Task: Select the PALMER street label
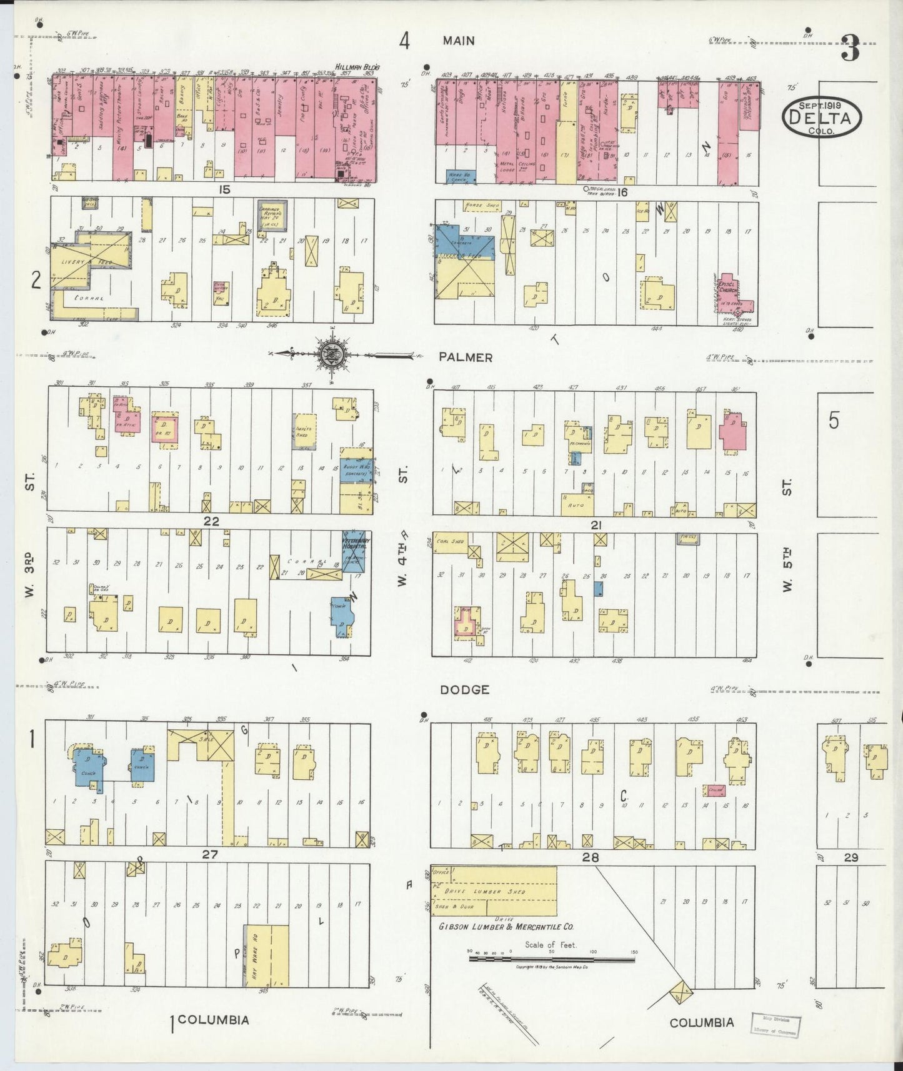tap(465, 357)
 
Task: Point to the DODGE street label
tap(464, 690)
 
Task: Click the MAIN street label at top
tap(459, 41)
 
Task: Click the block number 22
tap(211, 521)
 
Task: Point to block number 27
tap(209, 854)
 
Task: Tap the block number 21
tap(596, 526)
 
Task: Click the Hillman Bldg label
tap(357, 67)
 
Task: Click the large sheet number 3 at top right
tap(850, 48)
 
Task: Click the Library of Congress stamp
tap(776, 1025)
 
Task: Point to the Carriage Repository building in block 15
tap(272, 214)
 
